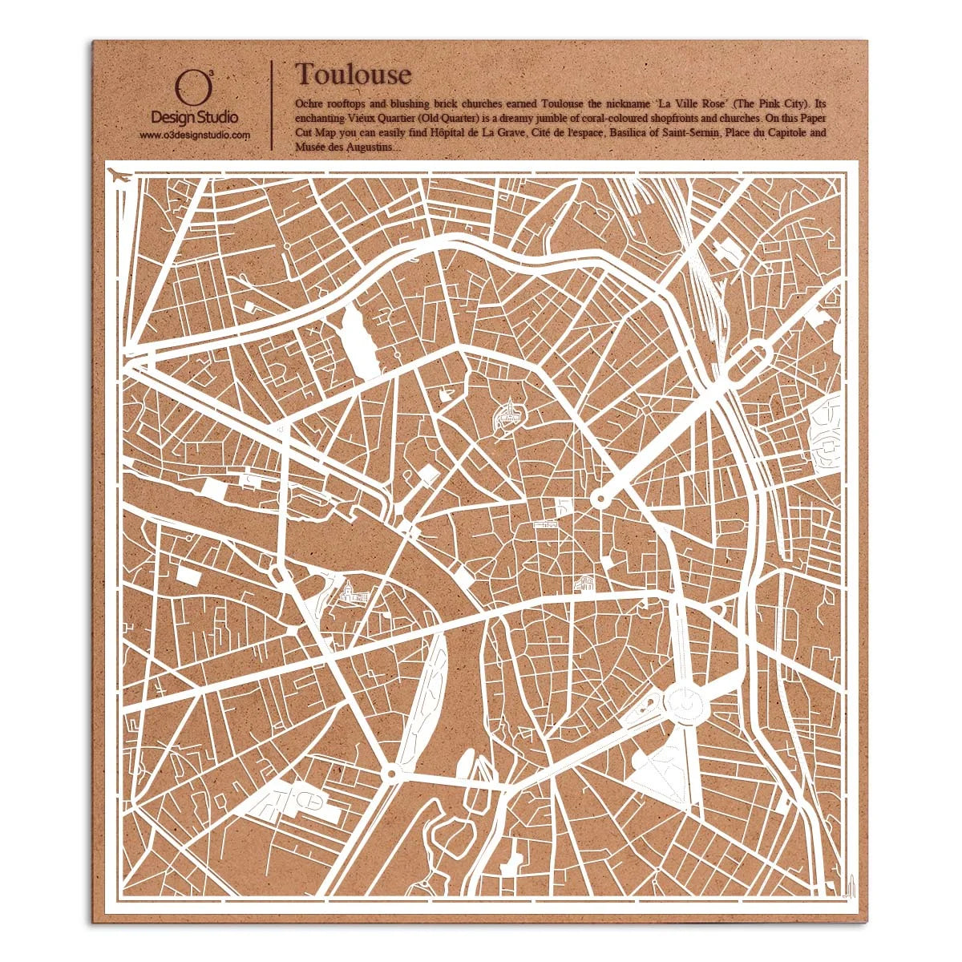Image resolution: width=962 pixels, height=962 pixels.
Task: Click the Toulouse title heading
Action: click(353, 75)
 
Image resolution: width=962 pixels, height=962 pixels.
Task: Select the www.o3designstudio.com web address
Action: click(195, 135)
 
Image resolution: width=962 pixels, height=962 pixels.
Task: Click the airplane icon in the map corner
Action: click(119, 175)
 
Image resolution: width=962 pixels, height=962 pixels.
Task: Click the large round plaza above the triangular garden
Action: click(685, 703)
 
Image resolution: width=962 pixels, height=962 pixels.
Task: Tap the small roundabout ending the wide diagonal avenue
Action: click(598, 499)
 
